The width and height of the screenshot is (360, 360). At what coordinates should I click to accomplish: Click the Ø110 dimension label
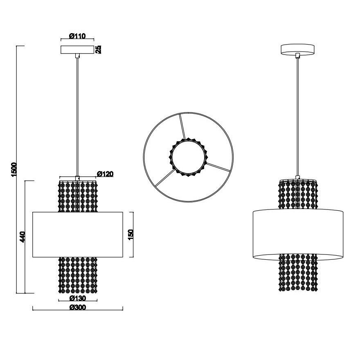pyautogui.click(x=77, y=36)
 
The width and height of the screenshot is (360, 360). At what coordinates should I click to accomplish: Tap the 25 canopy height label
pyautogui.click(x=99, y=49)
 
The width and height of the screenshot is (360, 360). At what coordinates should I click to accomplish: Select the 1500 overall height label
pyautogui.click(x=14, y=169)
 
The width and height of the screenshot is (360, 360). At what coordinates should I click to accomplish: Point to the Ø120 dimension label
pyautogui.click(x=105, y=174)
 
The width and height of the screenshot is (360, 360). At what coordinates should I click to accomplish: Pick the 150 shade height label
pyautogui.click(x=130, y=234)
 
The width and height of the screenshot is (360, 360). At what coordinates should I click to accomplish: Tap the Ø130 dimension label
pyautogui.click(x=78, y=298)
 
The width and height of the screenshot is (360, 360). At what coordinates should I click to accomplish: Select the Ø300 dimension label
pyautogui.click(x=78, y=307)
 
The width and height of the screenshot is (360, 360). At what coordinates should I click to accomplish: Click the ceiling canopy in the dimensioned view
pyautogui.click(x=77, y=49)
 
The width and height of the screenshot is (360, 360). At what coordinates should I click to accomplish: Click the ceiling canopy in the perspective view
pyautogui.click(x=297, y=49)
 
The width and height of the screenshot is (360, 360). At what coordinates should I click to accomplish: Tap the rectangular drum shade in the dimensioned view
pyautogui.click(x=78, y=234)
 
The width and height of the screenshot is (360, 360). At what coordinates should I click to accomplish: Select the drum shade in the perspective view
pyautogui.click(x=298, y=234)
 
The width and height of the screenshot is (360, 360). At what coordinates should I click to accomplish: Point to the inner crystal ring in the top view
pyautogui.click(x=188, y=157)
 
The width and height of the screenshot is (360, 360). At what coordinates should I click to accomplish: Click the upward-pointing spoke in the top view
pyautogui.click(x=182, y=126)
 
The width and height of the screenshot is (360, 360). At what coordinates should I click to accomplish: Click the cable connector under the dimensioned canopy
pyautogui.click(x=77, y=56)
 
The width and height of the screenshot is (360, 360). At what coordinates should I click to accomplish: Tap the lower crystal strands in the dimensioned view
pyautogui.click(x=78, y=275)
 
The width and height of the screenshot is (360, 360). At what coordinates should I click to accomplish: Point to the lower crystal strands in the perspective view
pyautogui.click(x=298, y=272)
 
